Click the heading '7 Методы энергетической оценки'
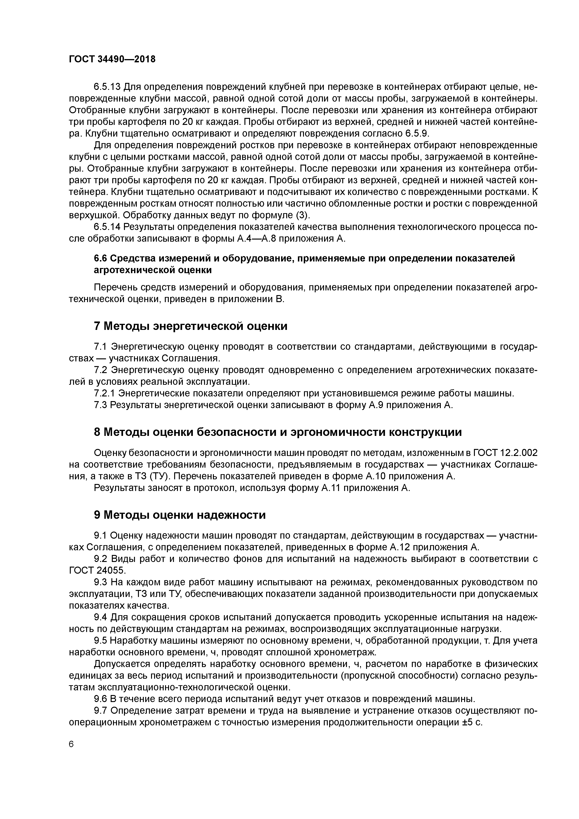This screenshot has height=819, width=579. [x=191, y=326]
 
